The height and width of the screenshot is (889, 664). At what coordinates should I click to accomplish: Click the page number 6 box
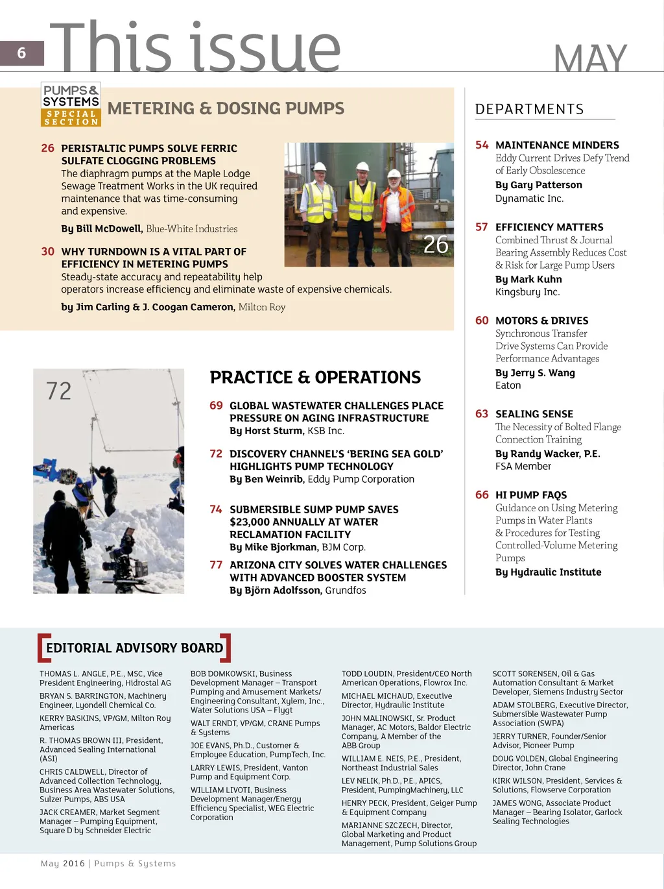(22, 53)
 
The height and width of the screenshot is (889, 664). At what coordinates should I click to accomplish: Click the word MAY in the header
(590, 58)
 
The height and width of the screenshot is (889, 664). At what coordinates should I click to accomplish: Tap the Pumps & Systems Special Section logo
(71, 104)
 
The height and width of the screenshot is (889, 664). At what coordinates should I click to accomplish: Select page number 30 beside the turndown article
(47, 252)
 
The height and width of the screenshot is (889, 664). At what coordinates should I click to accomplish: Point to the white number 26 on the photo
(436, 245)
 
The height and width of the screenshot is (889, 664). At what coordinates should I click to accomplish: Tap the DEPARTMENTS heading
(529, 110)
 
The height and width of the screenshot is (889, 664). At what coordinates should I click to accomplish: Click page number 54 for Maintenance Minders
(482, 145)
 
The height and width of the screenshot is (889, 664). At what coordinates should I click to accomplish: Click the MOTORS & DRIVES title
(541, 321)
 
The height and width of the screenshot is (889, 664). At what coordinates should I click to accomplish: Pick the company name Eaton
(508, 385)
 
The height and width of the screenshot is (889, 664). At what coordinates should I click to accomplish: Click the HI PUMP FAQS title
(530, 495)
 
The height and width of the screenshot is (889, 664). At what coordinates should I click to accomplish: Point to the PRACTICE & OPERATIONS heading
(315, 378)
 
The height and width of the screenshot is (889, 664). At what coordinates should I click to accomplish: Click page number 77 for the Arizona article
(216, 565)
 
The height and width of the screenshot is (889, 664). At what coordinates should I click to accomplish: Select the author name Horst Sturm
(274, 431)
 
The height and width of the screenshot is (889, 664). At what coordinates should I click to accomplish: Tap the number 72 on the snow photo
(58, 391)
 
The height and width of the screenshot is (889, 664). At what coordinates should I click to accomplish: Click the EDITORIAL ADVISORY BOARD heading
(134, 648)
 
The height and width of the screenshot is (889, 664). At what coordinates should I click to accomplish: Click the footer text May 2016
(63, 864)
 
